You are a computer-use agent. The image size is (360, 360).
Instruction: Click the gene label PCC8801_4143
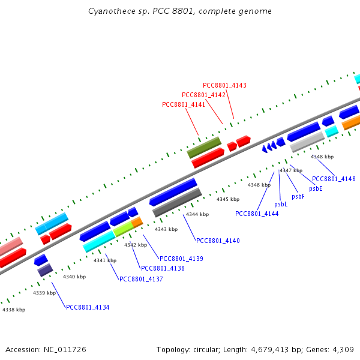224,85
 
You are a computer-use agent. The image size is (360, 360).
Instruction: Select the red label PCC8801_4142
203,95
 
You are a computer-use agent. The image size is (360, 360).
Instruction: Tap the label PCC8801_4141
184,104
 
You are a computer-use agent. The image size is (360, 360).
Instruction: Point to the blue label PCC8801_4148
334,179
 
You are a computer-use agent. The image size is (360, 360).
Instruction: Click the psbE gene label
316,188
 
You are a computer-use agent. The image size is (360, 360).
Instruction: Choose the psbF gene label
298,196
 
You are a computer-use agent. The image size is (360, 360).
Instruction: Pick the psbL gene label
281,204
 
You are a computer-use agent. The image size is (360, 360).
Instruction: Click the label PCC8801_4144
257,214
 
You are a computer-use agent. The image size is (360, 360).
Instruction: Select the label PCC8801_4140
218,241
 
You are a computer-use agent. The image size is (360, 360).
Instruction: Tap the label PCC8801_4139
181,259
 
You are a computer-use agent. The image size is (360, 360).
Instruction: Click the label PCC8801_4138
163,268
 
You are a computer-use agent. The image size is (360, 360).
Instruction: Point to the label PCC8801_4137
141,279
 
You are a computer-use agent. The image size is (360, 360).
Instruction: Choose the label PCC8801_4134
88,307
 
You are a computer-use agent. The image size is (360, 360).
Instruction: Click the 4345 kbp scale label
228,199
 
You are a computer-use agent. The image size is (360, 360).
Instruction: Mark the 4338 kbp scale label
14,310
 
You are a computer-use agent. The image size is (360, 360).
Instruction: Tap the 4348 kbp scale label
322,157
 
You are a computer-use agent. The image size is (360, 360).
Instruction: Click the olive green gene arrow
204,147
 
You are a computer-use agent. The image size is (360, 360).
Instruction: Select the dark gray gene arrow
177,203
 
